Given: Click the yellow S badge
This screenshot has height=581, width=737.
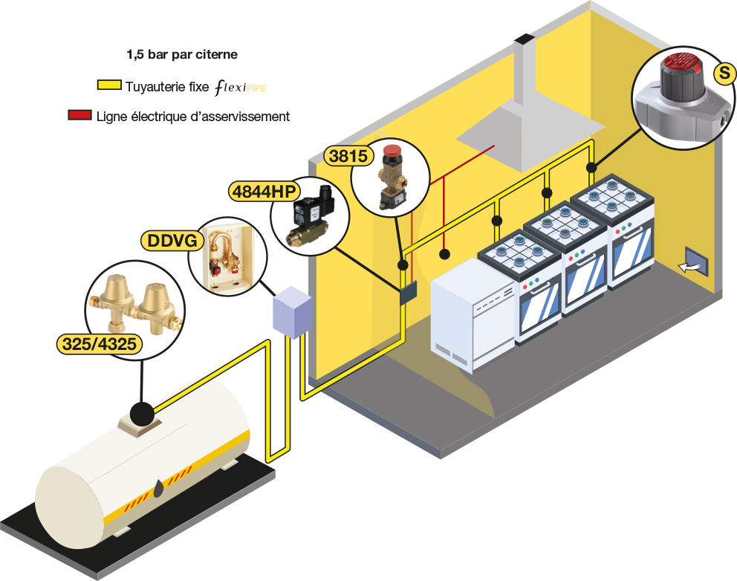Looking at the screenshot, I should point(722,72).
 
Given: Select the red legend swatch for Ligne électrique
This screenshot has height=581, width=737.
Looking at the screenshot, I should point(78,116).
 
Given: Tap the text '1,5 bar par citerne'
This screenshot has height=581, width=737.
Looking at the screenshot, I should point(182,54).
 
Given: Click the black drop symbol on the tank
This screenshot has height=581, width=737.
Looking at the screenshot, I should point(160,487).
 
